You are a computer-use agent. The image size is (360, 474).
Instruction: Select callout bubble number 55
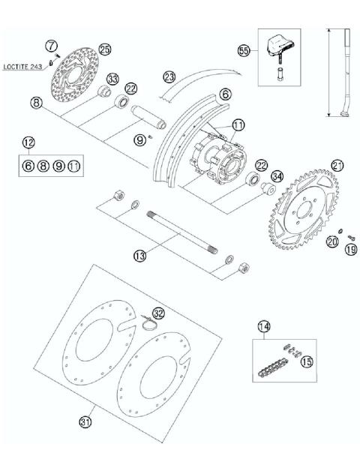tap(242, 50)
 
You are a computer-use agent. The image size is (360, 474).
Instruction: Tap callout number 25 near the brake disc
tap(104, 49)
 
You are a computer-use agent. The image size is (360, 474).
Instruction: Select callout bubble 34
tap(256, 177)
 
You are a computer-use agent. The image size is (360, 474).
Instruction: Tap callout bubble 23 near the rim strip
tap(169, 76)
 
